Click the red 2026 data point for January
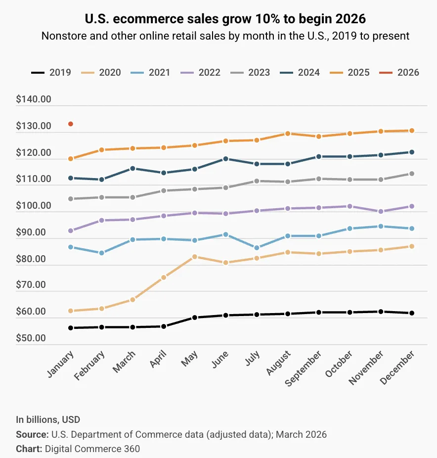pos(71,124)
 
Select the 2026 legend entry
pos(399,72)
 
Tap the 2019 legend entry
pos(51,72)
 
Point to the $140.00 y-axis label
pos(34,99)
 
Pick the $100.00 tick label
pos(34,206)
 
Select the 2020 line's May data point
pos(195,257)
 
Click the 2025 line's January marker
pos(71,159)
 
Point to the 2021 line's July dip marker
pos(257,248)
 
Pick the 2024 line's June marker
pos(225,159)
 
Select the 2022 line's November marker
pos(381,211)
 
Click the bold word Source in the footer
pos(31,435)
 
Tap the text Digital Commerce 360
pos(92,449)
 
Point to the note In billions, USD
pos(48,420)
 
